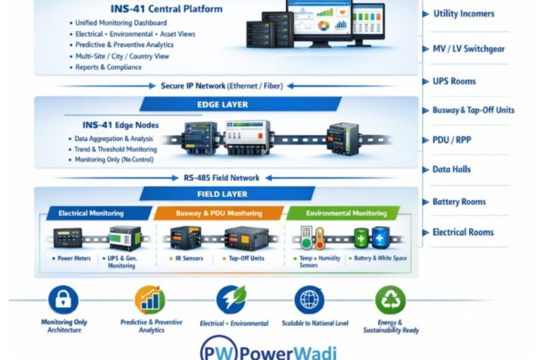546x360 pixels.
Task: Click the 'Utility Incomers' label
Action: click(463, 14)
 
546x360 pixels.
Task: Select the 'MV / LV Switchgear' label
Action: click(468, 49)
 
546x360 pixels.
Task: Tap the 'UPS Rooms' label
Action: click(454, 81)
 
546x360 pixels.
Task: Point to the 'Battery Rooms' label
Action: click(459, 202)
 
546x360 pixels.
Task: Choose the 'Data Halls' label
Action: click(453, 171)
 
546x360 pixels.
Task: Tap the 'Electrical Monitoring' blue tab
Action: click(96, 214)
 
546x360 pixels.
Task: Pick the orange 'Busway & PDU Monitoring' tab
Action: click(220, 214)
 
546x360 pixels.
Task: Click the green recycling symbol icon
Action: click(390, 300)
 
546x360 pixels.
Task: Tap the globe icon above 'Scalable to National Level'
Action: click(309, 300)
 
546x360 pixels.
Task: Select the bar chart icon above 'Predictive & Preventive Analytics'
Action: click(150, 300)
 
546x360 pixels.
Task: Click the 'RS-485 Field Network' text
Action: click(221, 178)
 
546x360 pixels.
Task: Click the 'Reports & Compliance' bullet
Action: click(108, 67)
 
